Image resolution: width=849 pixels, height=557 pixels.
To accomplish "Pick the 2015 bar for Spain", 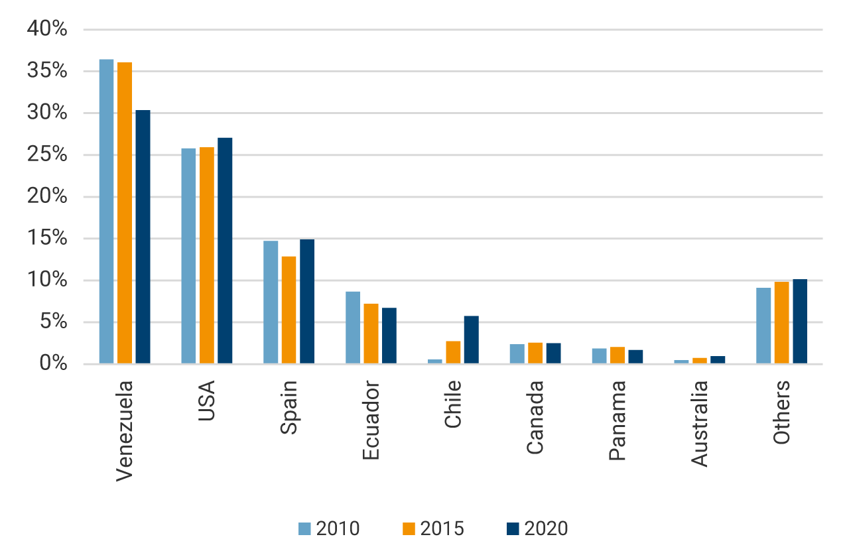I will click(289, 310).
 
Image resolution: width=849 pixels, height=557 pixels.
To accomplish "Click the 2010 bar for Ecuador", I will click(352, 328).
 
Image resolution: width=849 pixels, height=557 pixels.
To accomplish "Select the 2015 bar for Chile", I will click(453, 352).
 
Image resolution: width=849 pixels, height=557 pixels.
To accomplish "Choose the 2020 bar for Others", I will click(799, 322).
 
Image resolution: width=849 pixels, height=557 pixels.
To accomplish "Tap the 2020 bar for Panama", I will click(635, 357).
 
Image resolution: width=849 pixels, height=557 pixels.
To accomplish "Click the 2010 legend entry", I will click(329, 528).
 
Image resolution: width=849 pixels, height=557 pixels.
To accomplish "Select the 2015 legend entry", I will click(433, 528).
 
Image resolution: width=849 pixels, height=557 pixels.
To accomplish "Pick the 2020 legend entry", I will click(537, 528).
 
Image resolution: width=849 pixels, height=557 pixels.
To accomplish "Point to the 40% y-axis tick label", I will click(47, 29).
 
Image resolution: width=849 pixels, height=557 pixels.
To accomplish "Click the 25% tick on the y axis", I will click(47, 155).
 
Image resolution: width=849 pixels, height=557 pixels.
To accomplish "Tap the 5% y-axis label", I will click(52, 322).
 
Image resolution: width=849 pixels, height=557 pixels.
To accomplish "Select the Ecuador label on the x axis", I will click(371, 420).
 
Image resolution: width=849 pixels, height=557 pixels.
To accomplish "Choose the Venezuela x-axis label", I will click(124, 430).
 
